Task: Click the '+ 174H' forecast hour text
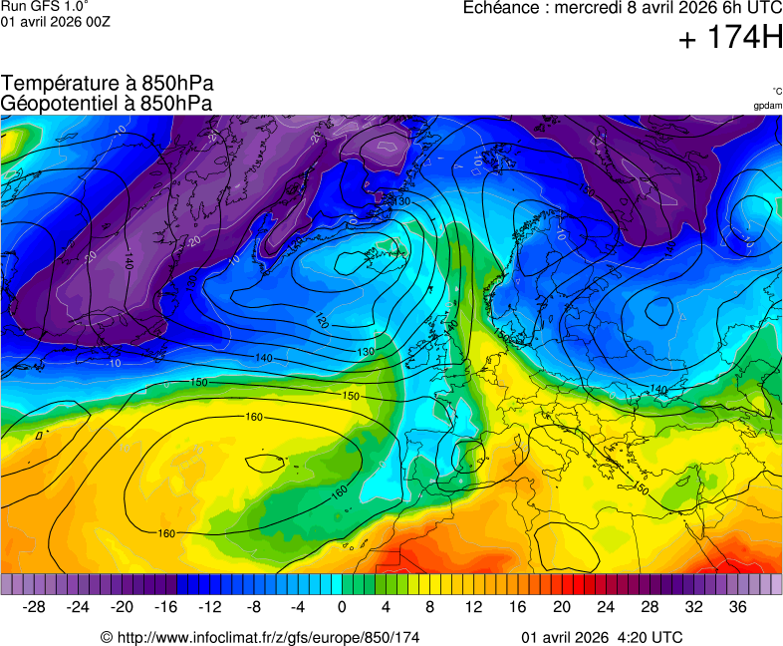click(x=730, y=38)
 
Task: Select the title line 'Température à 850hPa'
click(x=107, y=84)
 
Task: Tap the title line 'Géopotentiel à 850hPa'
click(x=107, y=103)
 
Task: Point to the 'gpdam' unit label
click(x=767, y=106)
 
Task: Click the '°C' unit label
click(x=776, y=92)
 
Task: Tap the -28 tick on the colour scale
click(x=34, y=607)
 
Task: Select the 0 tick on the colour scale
click(x=342, y=607)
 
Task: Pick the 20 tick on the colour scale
click(x=561, y=607)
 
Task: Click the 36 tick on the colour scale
click(x=737, y=607)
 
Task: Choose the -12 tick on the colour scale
click(x=209, y=607)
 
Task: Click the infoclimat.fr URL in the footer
click(x=259, y=637)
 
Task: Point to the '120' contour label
click(x=321, y=321)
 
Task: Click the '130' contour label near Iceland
click(x=402, y=201)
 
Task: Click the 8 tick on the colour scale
click(x=429, y=607)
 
